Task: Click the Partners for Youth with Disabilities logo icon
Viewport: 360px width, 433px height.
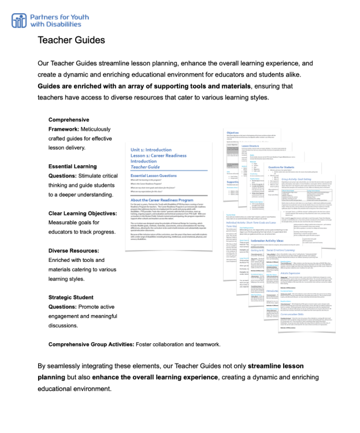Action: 19,20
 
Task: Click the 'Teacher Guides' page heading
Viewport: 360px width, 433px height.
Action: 71,40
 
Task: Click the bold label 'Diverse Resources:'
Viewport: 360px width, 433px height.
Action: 74,251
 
